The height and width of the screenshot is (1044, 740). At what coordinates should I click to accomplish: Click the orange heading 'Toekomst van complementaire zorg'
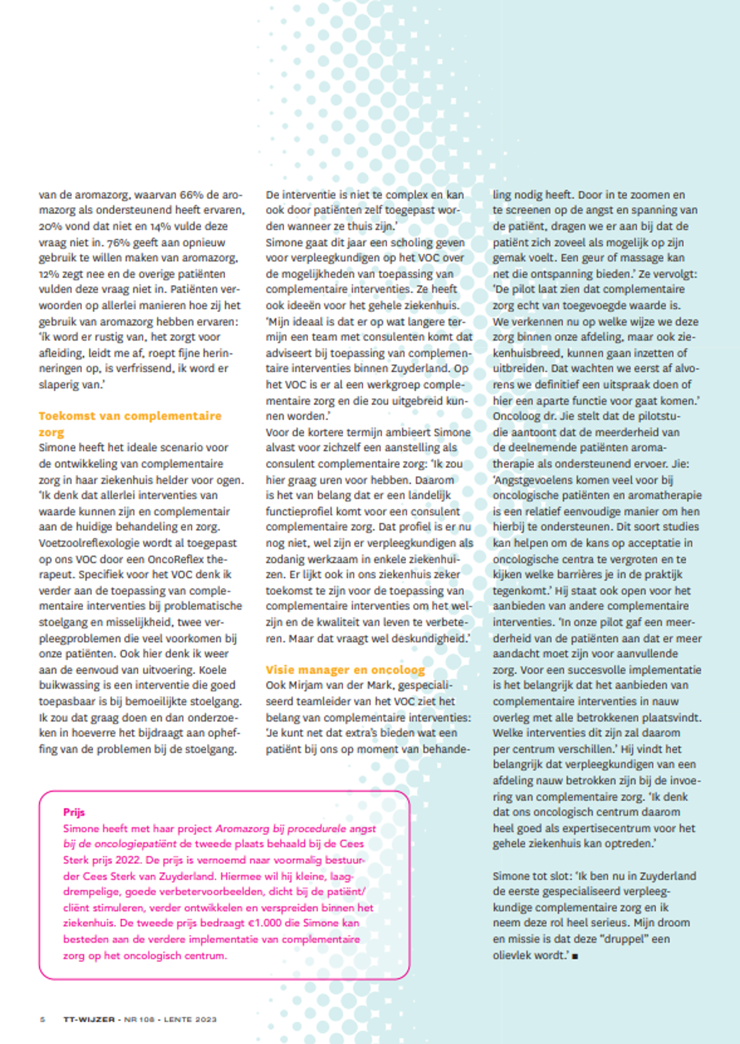coord(129,416)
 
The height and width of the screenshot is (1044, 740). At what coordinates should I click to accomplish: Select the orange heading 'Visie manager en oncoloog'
coord(345,670)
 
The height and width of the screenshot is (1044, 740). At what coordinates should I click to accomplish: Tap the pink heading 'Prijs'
coord(74,812)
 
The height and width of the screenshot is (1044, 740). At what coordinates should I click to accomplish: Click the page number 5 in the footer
coord(43,1019)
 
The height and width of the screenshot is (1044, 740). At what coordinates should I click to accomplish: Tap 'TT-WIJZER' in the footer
coord(89,1019)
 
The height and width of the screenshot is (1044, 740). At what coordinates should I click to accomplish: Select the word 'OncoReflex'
coord(176,559)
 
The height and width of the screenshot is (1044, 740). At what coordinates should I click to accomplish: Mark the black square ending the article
coord(575,956)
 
